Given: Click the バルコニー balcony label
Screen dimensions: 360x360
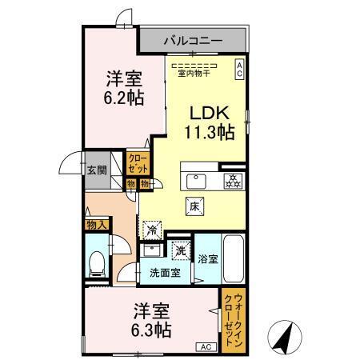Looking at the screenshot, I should [x=193, y=38].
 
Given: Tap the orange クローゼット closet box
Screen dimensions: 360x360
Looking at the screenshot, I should [x=138, y=164].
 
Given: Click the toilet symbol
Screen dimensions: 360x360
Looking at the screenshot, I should [x=97, y=262].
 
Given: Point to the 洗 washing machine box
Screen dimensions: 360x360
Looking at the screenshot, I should [x=182, y=250].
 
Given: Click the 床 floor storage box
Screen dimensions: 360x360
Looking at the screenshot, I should [x=194, y=206].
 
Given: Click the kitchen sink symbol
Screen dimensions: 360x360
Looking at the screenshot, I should [x=197, y=178].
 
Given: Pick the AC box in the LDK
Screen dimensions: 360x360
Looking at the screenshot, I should [x=238, y=70].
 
